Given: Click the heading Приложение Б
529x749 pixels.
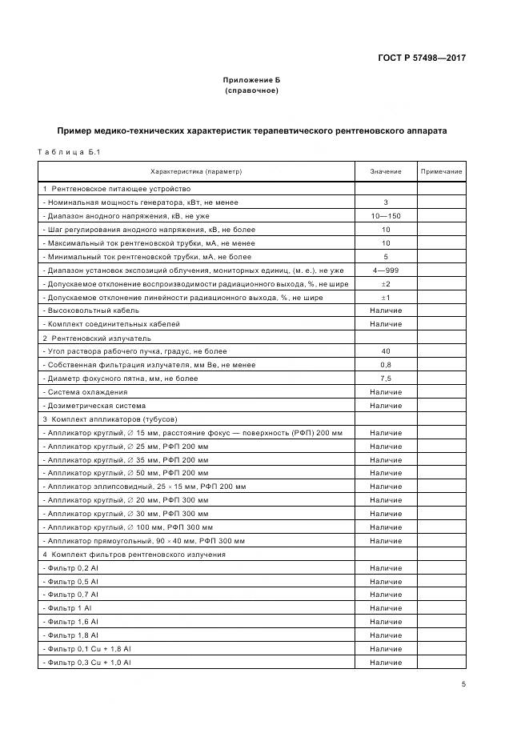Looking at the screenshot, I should click(251, 81).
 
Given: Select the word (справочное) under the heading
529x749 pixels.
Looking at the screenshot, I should click(251, 91).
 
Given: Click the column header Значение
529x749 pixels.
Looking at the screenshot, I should click(386, 172).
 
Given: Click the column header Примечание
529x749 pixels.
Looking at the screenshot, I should click(441, 172).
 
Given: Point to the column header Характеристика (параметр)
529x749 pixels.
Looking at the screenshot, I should click(196, 172).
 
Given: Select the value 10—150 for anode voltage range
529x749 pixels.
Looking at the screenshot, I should click(386, 216).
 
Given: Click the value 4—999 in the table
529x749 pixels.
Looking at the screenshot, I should click(386, 270).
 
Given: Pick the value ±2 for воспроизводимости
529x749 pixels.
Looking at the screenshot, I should click(386, 284).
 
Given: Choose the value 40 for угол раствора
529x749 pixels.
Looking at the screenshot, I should click(386, 351).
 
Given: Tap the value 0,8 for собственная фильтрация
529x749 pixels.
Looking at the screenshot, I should click(386, 365).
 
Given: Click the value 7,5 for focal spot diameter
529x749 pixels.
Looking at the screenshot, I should click(386, 379).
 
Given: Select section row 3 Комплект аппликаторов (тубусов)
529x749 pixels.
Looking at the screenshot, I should click(109, 419).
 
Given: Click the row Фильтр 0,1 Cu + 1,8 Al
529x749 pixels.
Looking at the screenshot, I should click(87, 649).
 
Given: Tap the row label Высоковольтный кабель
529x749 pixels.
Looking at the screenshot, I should click(91, 310).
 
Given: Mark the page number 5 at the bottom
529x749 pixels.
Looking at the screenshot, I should click(463, 684).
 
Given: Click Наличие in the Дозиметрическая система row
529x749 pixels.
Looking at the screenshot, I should click(386, 406).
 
